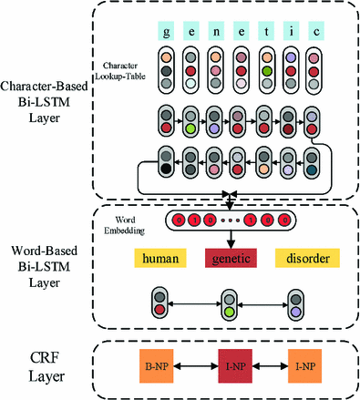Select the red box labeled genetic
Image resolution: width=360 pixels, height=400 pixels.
click(231, 260)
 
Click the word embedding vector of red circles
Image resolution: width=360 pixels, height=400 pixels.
click(230, 221)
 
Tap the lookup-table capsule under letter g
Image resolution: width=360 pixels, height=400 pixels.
click(166, 73)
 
